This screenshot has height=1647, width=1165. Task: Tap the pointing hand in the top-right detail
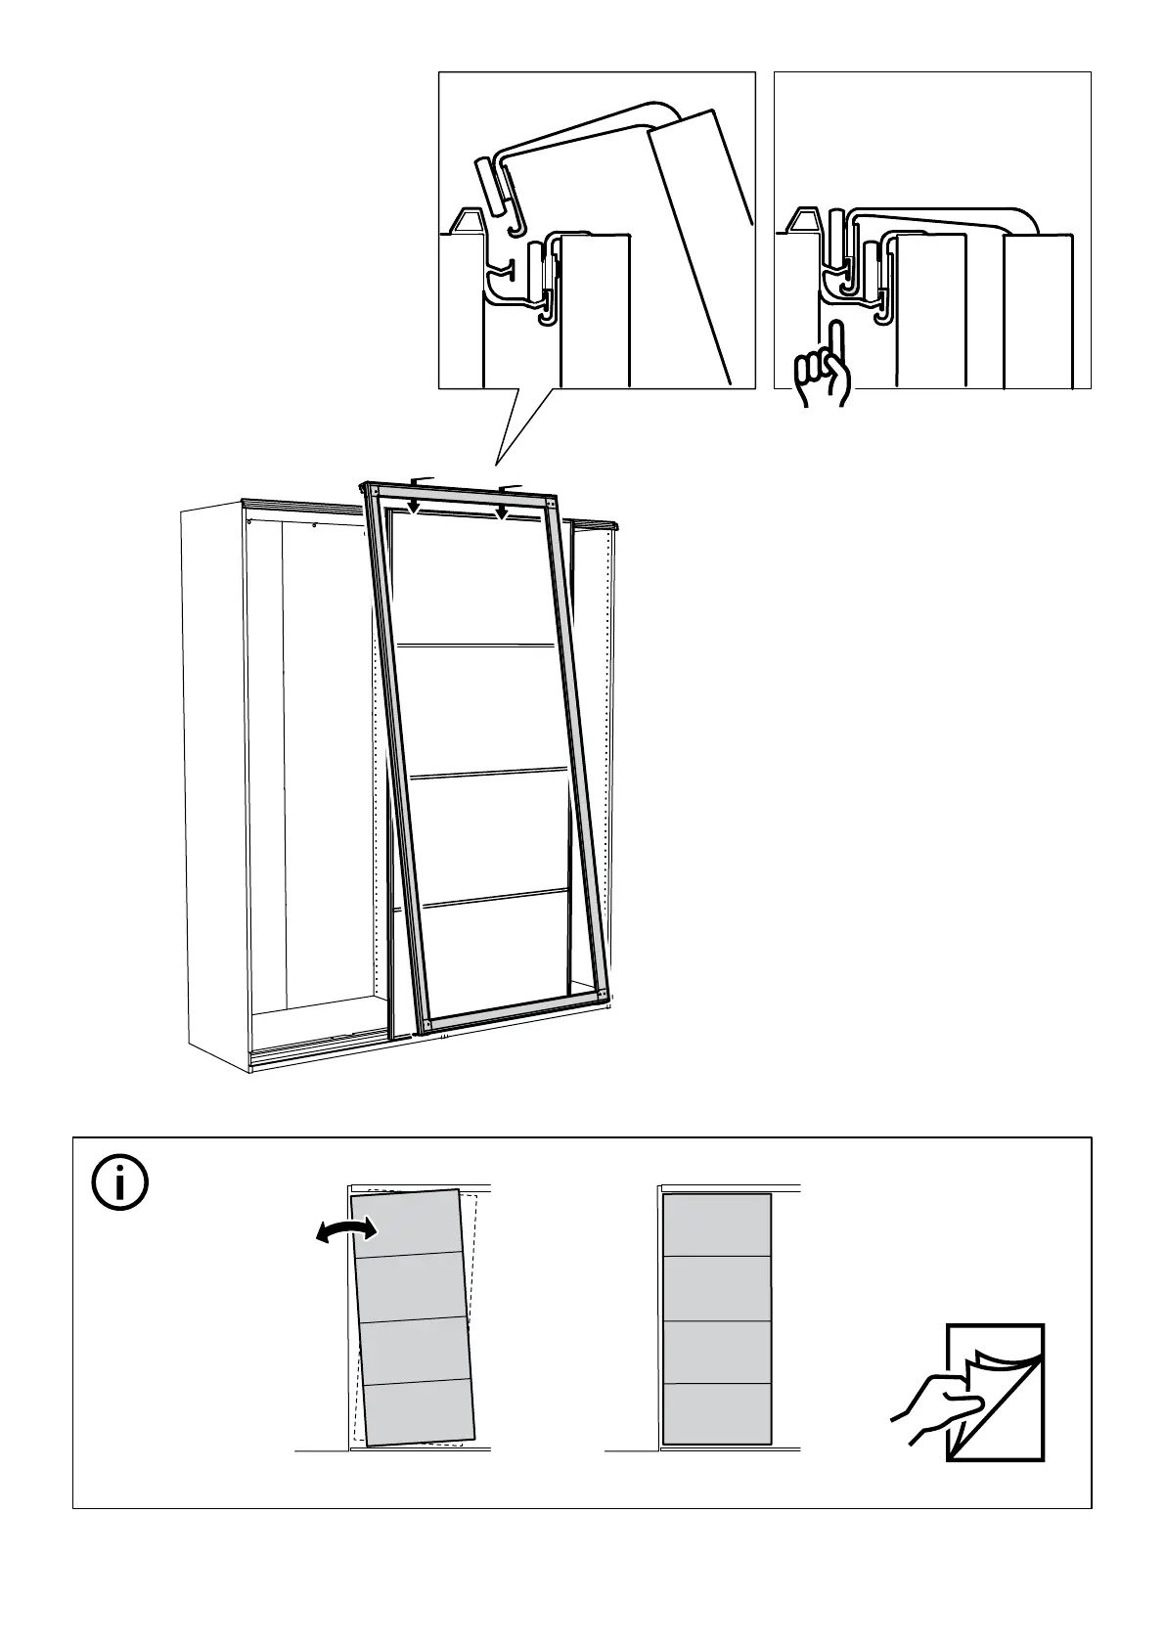tap(826, 370)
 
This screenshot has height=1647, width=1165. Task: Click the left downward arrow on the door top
tap(414, 505)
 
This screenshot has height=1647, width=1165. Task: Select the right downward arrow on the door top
tap(502, 512)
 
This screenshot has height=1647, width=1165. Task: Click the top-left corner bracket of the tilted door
tap(373, 489)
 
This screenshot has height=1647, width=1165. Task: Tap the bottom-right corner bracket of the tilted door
tap(601, 997)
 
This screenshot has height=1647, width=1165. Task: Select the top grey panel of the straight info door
tap(717, 1224)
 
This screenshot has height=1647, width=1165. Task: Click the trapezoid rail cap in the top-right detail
tap(808, 220)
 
